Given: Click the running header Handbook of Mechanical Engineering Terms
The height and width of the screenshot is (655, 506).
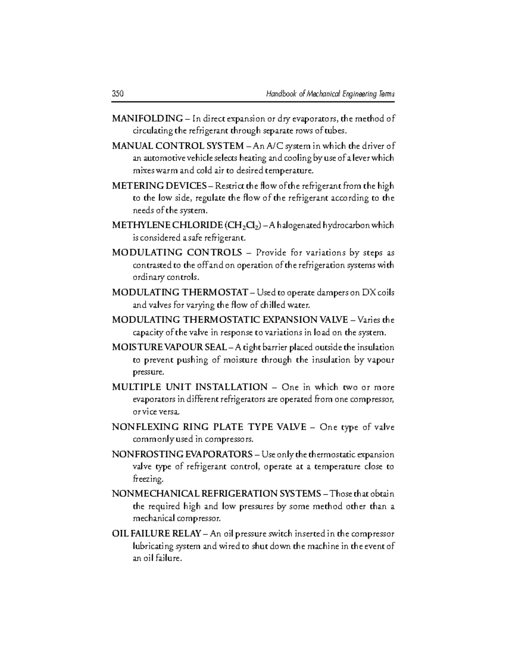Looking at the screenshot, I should pos(330,94).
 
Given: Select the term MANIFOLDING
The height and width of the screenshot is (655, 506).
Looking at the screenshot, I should pos(147,119).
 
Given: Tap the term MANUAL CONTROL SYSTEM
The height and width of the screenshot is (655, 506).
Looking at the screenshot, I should pos(178,146).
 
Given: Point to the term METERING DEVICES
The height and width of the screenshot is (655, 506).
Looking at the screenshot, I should pos(159,186).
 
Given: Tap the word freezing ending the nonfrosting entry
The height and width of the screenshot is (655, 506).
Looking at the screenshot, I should pos(147,480).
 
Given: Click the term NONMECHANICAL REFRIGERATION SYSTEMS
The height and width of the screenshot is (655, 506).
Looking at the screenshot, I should pos(216,494).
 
